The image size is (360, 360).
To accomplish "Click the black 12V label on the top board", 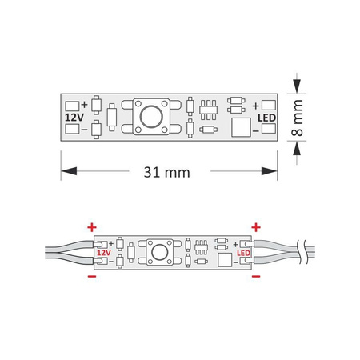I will point(73,117).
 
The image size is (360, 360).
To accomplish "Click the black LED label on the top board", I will point(267,117).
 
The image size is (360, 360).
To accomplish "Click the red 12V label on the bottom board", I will point(103,252).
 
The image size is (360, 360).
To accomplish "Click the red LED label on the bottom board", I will point(244,252).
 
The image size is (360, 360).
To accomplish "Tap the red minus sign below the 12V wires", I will point(91,277).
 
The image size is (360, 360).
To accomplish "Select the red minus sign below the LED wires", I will point(255,277).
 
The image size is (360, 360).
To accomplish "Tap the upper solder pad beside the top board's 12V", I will point(70,105).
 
